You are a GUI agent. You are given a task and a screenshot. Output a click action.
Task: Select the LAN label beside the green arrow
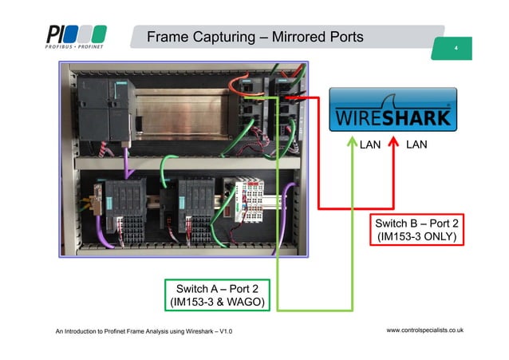tap(370, 145)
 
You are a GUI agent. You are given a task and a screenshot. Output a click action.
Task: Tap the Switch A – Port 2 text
tap(216, 287)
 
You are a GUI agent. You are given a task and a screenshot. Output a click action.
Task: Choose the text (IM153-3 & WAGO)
tap(216, 301)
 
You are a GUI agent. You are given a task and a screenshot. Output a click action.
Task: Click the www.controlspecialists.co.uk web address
tap(425, 329)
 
